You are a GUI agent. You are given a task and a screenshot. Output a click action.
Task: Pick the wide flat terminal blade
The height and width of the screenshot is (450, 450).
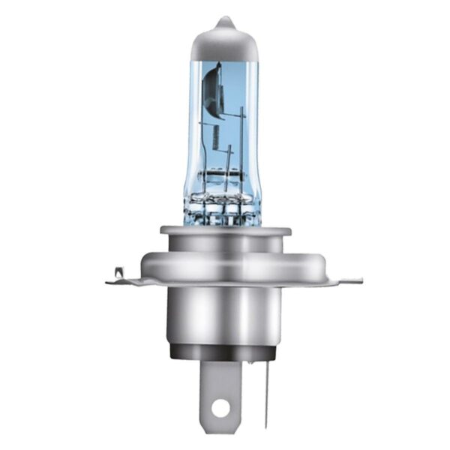(220, 390)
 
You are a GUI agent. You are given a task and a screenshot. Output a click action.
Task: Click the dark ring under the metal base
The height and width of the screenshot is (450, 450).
(225, 351)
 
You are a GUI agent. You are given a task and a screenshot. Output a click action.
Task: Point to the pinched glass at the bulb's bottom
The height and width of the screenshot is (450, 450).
(223, 206)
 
